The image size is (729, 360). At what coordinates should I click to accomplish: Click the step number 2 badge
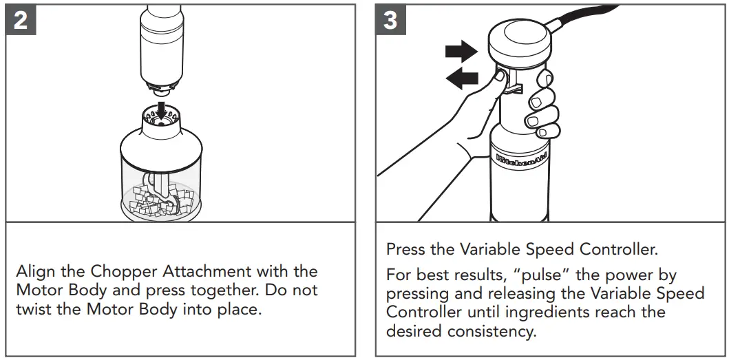pyautogui.click(x=21, y=21)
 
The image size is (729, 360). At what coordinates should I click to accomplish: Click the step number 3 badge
pyautogui.click(x=390, y=21)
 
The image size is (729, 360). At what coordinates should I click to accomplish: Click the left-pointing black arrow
pyautogui.click(x=462, y=78)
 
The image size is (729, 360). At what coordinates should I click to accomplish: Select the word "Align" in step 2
pyautogui.click(x=36, y=271)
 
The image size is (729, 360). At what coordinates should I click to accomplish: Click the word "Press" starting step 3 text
pyautogui.click(x=406, y=248)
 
